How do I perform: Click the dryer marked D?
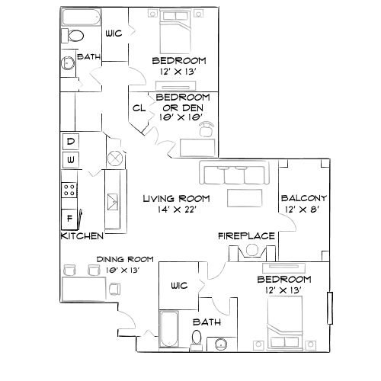tap(70, 142)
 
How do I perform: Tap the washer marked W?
tap(70, 159)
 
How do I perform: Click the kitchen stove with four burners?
tap(69, 189)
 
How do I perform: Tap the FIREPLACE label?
tap(246, 236)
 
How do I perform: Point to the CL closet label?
tap(139, 108)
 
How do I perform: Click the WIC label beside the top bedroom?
tap(113, 33)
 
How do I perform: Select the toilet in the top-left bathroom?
tap(76, 36)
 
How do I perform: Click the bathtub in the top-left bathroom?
tap(78, 17)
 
